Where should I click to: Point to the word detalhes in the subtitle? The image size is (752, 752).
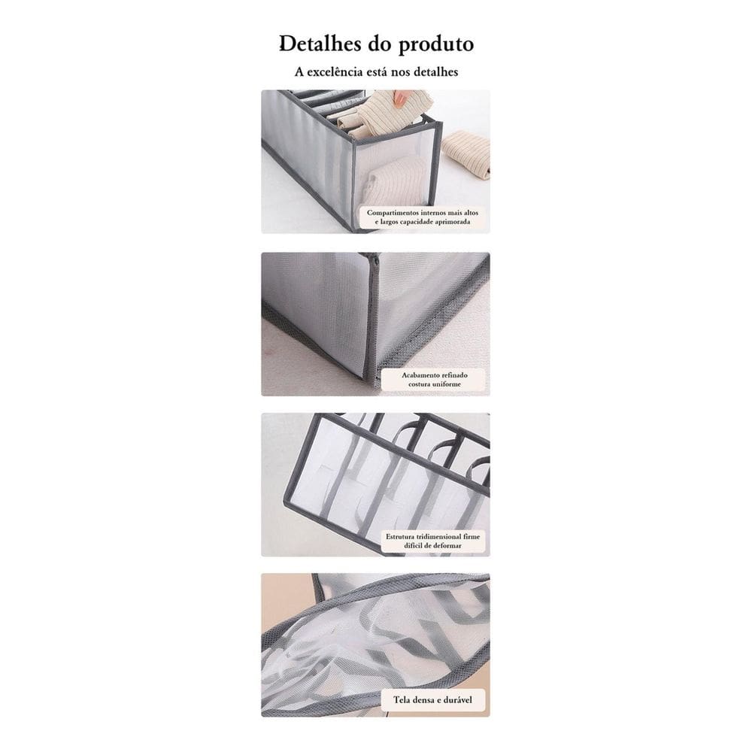(432, 72)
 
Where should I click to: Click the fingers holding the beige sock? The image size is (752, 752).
(402, 98)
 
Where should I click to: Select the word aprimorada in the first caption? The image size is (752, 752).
(453, 223)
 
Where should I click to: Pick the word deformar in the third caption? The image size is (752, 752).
(444, 546)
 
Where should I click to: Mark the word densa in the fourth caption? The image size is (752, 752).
(426, 700)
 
